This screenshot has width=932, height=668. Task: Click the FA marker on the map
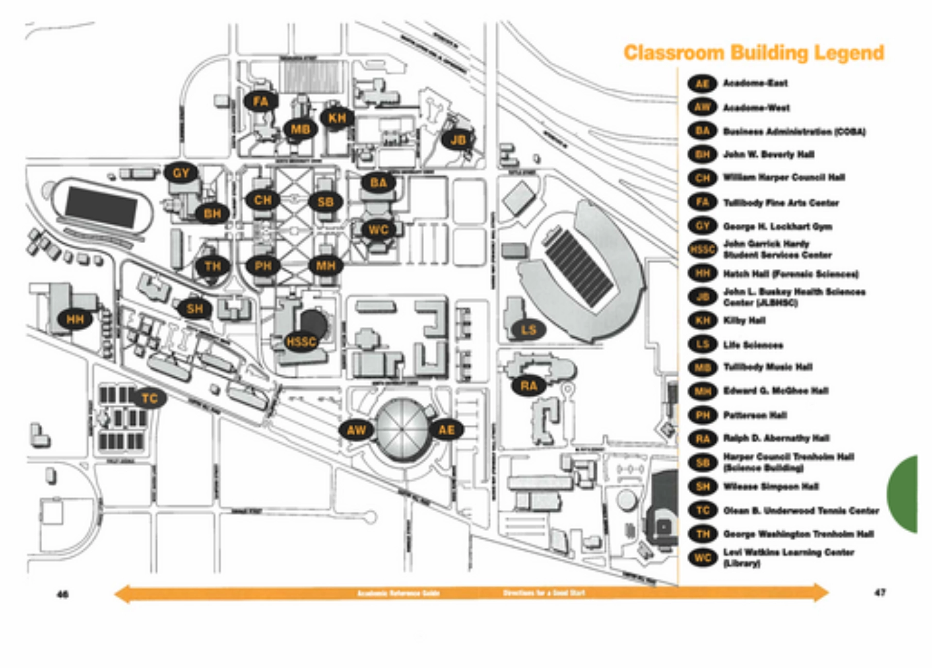(261, 101)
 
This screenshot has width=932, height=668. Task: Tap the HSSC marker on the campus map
(301, 342)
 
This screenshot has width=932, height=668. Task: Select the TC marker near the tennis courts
(150, 399)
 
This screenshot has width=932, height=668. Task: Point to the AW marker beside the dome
(356, 430)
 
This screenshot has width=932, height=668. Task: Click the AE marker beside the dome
(447, 430)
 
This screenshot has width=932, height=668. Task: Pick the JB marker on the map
(458, 140)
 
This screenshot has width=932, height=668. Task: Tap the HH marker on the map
(75, 319)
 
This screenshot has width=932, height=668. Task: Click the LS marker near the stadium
(528, 330)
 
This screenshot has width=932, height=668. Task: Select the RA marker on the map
(529, 386)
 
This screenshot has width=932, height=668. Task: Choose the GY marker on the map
(181, 173)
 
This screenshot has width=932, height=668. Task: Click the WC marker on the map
(379, 230)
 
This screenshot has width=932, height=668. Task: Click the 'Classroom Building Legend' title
(754, 53)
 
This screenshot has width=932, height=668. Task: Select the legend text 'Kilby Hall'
(744, 320)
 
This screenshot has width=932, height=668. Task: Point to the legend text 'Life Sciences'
(753, 345)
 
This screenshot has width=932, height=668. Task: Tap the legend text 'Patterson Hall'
(755, 415)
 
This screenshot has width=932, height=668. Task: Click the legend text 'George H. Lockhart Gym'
(778, 226)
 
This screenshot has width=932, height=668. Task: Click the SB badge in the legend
(702, 463)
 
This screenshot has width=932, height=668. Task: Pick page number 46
(63, 594)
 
